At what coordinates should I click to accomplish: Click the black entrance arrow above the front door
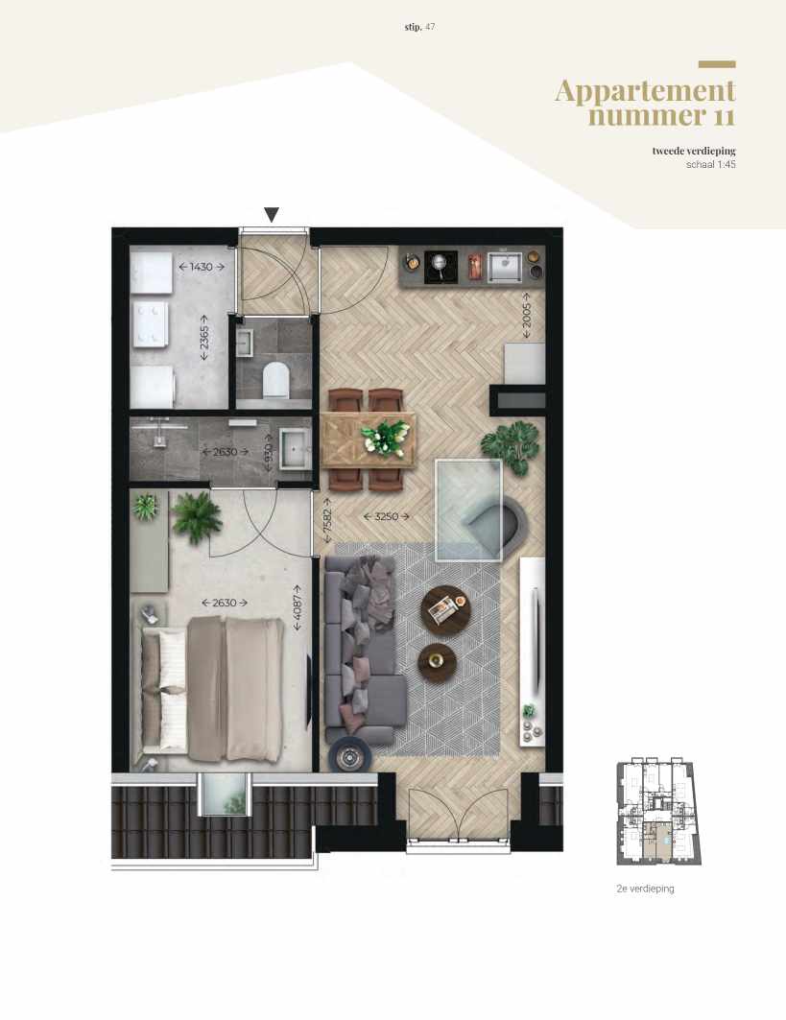tap(273, 215)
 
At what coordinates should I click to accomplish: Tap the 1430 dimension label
tap(202, 266)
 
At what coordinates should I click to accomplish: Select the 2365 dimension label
tap(203, 337)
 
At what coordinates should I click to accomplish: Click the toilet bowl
tap(275, 380)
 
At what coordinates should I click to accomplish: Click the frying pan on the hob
tap(441, 262)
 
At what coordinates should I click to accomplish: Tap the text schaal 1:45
tap(710, 164)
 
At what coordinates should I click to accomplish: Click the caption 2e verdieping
tap(645, 889)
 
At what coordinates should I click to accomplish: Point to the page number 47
tap(431, 26)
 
